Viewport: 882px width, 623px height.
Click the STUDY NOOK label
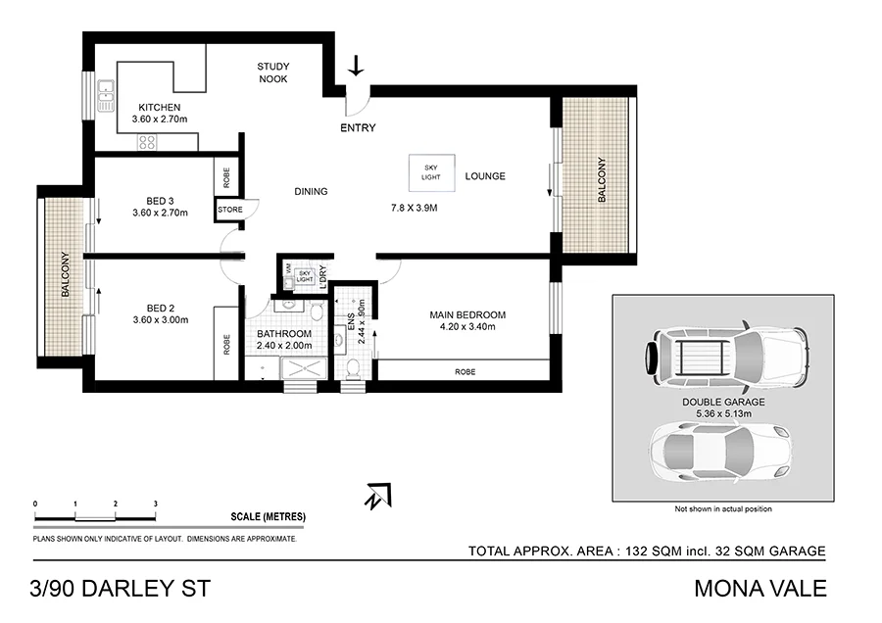tap(273, 72)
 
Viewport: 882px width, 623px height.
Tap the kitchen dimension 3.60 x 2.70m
tap(159, 120)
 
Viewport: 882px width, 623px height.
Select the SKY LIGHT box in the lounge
tap(431, 171)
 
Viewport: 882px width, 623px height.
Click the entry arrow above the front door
tap(356, 66)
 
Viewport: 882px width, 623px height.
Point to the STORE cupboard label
tap(229, 210)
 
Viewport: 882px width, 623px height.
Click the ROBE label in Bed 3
tap(227, 177)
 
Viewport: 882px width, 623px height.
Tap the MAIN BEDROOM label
tap(467, 314)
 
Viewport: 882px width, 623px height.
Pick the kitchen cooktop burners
tap(147, 142)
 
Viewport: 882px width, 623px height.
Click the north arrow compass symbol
tap(376, 496)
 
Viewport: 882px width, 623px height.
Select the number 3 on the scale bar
tap(155, 503)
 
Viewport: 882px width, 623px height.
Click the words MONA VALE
tap(760, 589)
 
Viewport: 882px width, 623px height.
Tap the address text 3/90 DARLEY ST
tap(120, 589)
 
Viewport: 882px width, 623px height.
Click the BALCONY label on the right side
tap(602, 181)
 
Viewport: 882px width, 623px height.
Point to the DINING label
tap(311, 192)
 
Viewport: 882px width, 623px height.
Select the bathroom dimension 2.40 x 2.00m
tap(284, 346)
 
